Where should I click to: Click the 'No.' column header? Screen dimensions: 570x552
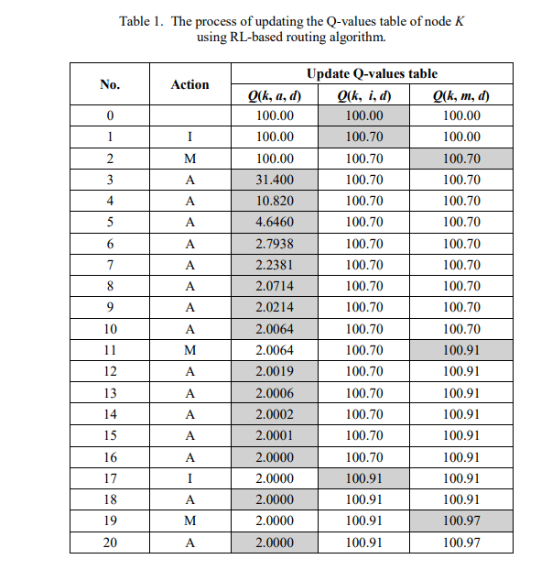110,84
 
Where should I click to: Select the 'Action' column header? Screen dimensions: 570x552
189,84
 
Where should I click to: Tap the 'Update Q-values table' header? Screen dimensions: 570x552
372,73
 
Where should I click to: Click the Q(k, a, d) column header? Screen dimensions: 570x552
275,95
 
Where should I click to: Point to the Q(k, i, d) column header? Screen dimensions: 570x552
364,95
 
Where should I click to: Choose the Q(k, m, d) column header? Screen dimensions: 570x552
460,95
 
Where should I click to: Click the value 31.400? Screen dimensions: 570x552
275,180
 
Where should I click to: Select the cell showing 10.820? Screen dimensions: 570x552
275,201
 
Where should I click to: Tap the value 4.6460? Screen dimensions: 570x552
275,222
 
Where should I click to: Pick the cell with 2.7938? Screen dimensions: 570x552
275,244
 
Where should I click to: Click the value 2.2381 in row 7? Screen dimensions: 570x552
275,265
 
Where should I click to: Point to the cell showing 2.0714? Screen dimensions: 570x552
275,286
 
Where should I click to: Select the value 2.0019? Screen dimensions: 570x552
275,371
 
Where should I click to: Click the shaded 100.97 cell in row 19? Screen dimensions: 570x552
460,521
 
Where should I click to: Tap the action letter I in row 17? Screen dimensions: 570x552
189,477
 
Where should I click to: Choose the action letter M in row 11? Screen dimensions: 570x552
189,350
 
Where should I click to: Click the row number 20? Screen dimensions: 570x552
110,542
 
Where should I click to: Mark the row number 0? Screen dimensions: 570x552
110,116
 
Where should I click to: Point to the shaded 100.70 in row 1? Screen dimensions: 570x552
364,137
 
